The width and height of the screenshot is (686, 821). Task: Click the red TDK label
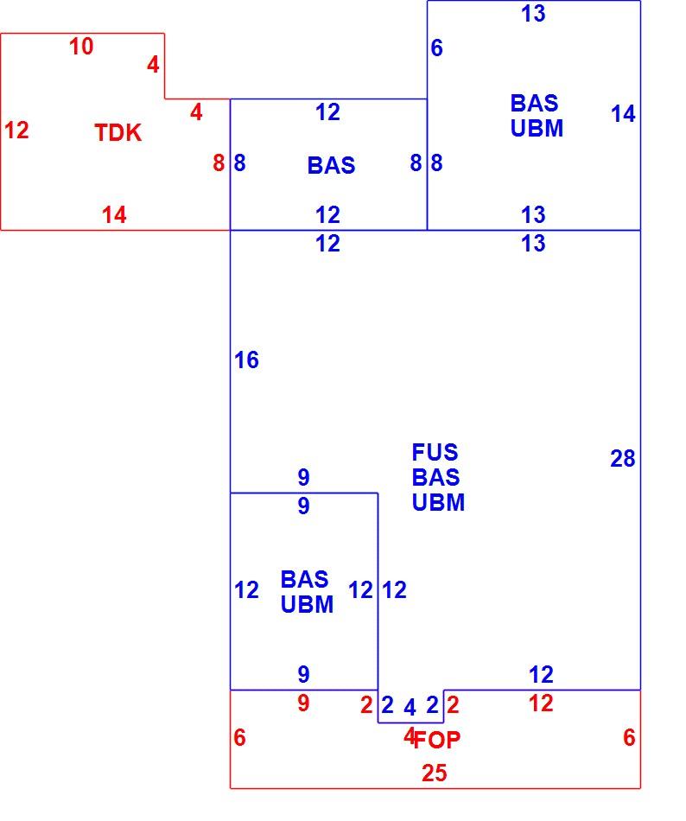[x=118, y=132]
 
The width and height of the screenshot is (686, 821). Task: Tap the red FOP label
[x=437, y=740]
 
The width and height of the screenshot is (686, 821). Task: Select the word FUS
[x=435, y=452]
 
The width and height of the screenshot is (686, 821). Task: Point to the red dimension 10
[x=81, y=47]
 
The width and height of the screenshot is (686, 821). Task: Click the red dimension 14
[x=113, y=214]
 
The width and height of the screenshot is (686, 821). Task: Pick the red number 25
[x=435, y=773]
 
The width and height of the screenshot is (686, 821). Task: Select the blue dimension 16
[x=246, y=360]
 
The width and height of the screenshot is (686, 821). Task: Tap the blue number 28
[x=623, y=459]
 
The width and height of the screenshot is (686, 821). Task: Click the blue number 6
[x=436, y=48]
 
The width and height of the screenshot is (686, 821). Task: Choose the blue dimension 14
[x=623, y=113]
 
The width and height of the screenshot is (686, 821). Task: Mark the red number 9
[x=303, y=703]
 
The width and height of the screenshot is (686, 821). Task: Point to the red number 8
[x=219, y=162]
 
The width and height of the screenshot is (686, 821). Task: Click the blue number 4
[x=410, y=708]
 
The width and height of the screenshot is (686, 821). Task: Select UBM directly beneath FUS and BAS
[x=438, y=502]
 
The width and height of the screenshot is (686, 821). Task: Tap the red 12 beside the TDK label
[x=16, y=130]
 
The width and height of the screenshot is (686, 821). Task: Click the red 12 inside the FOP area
[x=541, y=703]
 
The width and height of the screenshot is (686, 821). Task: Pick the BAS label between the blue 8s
[x=331, y=165]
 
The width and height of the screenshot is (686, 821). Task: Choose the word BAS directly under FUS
[x=435, y=477]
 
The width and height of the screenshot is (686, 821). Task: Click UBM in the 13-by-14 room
[x=537, y=128]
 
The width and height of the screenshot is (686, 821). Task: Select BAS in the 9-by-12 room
[x=304, y=579]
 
